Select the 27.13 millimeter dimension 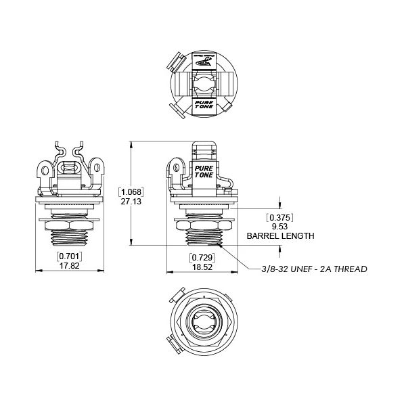(x=131, y=202)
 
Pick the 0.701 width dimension (x=69, y=256)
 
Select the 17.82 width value (x=69, y=267)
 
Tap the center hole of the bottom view (x=202, y=322)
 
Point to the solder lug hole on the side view (x=176, y=164)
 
